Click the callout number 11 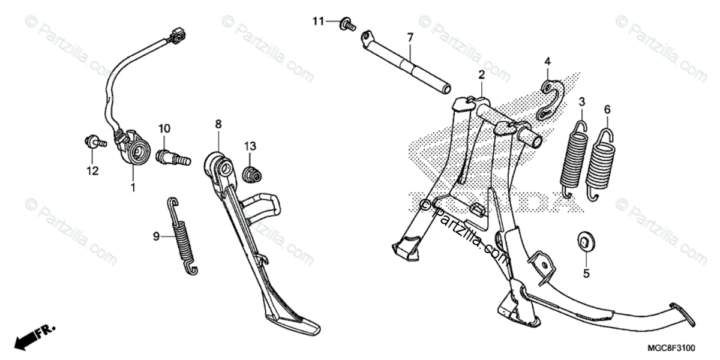pyautogui.click(x=317, y=22)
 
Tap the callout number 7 pyautogui.click(x=410, y=37)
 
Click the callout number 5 pyautogui.click(x=586, y=274)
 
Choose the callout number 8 pyautogui.click(x=218, y=124)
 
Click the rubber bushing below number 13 pyautogui.click(x=252, y=175)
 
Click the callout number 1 pyautogui.click(x=133, y=188)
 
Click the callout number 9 pyautogui.click(x=156, y=236)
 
